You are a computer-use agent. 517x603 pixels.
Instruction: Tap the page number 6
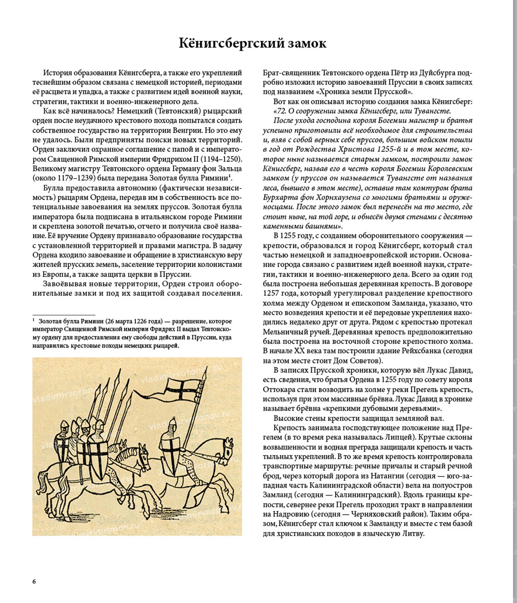[x=34, y=581]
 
